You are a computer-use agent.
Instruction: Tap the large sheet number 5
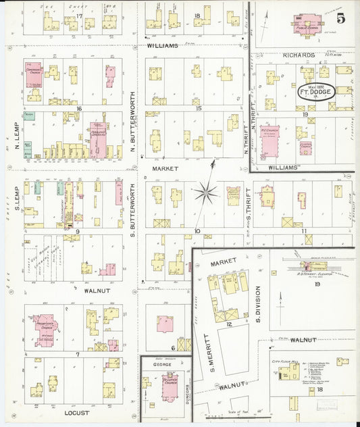[x=341, y=18]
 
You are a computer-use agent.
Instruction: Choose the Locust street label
[x=76, y=413]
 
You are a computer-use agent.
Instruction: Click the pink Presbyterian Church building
[x=44, y=328]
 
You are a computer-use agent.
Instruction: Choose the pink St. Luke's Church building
[x=168, y=384]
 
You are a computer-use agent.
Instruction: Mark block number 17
[x=79, y=16]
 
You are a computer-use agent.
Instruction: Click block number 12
[x=229, y=325]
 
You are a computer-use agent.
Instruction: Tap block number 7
[x=78, y=354]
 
